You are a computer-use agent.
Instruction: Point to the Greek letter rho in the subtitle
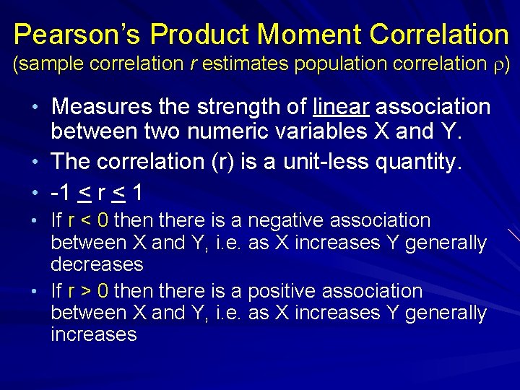coord(499,65)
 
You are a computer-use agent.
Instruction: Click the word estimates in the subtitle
coord(246,64)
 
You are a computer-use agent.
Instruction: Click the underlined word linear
coord(342,108)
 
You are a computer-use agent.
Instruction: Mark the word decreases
coord(97,264)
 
